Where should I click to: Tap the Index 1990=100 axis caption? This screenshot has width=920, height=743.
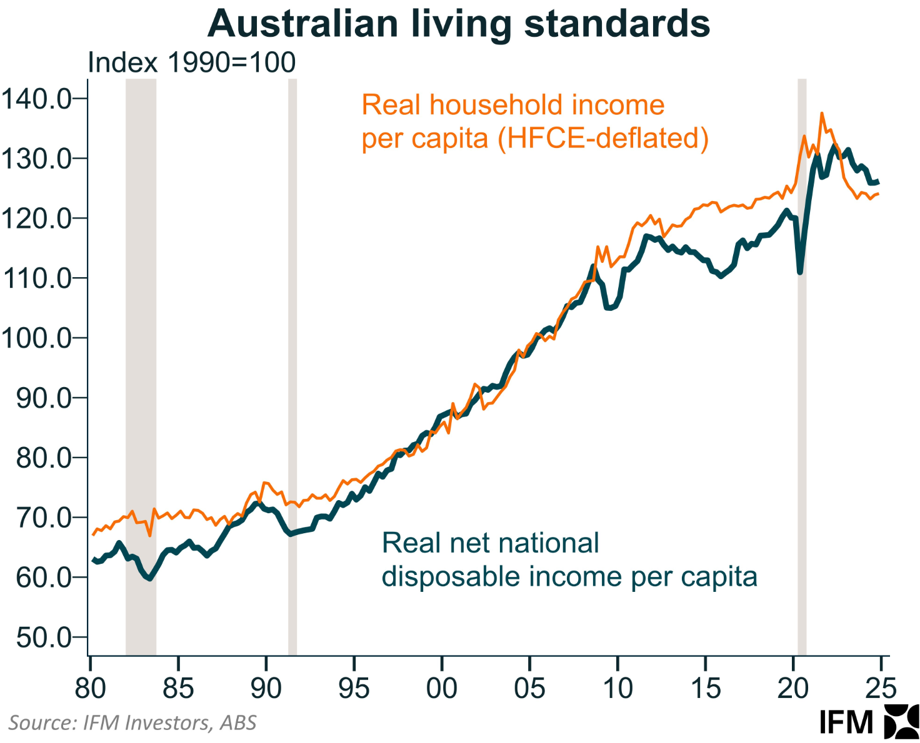(191, 62)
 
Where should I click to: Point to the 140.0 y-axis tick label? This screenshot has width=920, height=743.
(36, 99)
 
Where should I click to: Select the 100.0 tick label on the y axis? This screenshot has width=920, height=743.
(36, 338)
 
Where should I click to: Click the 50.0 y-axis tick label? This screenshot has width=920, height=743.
(44, 637)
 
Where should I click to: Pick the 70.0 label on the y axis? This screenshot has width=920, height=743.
(44, 518)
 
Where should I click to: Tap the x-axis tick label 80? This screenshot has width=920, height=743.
(91, 688)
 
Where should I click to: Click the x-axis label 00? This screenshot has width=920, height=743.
(442, 688)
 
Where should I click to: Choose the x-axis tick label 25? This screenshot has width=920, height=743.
(881, 688)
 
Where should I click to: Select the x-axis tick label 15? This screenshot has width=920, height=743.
(706, 688)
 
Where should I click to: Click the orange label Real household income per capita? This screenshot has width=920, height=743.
(512, 105)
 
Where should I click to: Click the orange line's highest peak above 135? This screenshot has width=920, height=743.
(822, 114)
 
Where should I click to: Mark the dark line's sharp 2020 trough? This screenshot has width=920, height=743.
(800, 272)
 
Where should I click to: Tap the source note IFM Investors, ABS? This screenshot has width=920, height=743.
(132, 722)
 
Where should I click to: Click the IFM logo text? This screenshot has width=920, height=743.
(846, 722)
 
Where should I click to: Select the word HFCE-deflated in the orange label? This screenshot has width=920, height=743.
(603, 138)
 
